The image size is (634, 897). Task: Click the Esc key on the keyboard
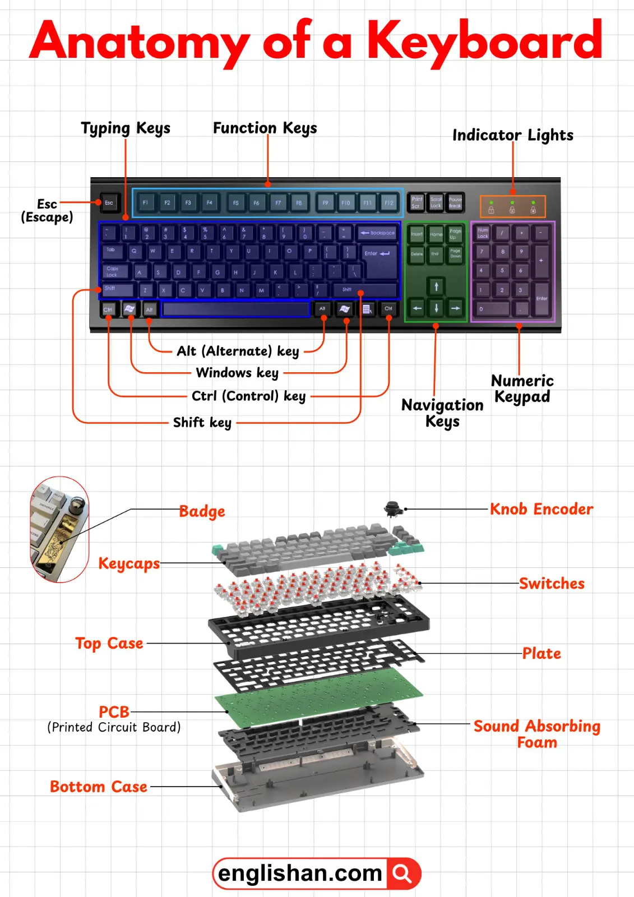point(109,202)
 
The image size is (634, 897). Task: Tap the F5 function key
point(235,202)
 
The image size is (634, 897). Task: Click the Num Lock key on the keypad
point(483,233)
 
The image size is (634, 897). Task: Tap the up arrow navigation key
point(436,287)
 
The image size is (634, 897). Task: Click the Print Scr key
point(417,202)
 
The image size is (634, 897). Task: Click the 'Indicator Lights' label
point(512,135)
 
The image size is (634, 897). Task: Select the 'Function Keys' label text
point(265,128)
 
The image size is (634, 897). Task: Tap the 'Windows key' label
point(237,373)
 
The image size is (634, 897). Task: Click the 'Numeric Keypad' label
point(522,389)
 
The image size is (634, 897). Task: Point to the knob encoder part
point(393,508)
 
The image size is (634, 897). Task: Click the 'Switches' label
point(551,584)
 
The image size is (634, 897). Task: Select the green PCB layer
point(320,695)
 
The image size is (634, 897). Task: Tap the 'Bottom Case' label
point(99,787)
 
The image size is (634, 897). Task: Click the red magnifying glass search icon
point(402,873)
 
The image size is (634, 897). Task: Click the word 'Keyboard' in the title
point(484,40)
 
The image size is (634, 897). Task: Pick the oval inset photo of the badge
point(59,529)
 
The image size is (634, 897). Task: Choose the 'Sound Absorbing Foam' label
point(536,734)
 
